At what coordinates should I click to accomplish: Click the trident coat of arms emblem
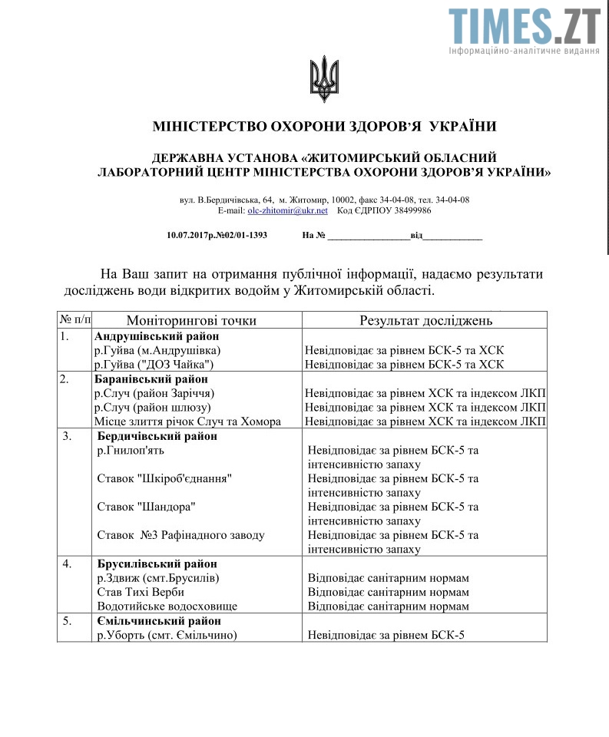(x=324, y=78)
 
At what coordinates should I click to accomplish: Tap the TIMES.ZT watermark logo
(x=525, y=28)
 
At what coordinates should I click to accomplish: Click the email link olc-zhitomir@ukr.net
(x=287, y=210)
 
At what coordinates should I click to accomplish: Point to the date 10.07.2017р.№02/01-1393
(x=217, y=236)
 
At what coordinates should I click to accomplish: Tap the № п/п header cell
(x=74, y=320)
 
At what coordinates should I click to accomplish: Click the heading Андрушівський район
(x=157, y=336)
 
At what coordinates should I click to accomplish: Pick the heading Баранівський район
(x=152, y=378)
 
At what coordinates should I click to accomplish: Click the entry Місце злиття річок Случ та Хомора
(x=187, y=421)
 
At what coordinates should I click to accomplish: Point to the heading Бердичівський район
(x=157, y=436)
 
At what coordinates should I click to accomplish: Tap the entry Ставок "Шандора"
(x=142, y=507)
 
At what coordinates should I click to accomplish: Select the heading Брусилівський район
(x=157, y=564)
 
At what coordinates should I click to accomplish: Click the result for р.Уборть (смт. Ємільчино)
(x=386, y=635)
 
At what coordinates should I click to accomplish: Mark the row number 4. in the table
(x=68, y=564)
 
